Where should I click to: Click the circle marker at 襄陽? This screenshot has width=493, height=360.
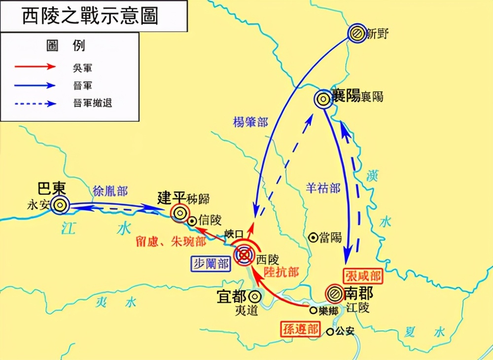click(x=323, y=99)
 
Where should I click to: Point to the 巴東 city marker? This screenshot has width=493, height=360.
click(x=60, y=205)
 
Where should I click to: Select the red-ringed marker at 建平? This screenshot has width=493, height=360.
click(x=179, y=213)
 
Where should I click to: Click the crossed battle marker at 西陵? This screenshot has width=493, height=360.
click(x=245, y=254)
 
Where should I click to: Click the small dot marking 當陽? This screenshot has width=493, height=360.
click(x=312, y=238)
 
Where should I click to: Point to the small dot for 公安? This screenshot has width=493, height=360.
click(x=330, y=332)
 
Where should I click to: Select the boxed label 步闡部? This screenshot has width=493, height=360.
click(x=211, y=264)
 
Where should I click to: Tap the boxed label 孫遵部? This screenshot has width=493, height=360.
click(x=300, y=329)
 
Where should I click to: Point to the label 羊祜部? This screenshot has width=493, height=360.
click(x=323, y=188)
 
